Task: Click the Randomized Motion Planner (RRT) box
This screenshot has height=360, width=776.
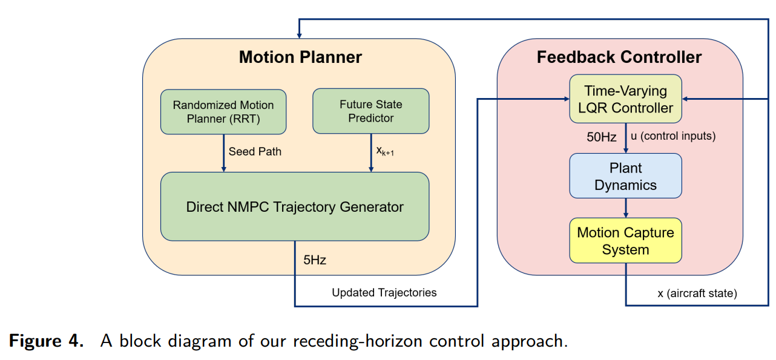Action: point(223,112)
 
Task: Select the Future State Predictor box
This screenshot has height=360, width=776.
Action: point(371,111)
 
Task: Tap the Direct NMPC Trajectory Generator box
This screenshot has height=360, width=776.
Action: point(295,207)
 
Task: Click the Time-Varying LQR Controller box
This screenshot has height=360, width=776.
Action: point(626,99)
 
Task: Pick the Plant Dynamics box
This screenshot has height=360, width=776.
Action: point(626,176)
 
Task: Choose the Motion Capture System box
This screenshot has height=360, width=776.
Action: point(626,241)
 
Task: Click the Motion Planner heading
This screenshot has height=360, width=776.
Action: point(300,57)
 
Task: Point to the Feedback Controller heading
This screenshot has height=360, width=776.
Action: point(619,57)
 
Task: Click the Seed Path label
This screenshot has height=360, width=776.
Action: point(255,152)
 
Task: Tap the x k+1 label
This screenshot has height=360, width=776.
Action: point(385,151)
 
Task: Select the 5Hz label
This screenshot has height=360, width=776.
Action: point(315,260)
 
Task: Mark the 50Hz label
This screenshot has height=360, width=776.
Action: point(602,137)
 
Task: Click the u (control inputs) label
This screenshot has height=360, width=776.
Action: point(673,136)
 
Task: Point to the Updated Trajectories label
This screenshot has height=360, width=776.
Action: point(384,293)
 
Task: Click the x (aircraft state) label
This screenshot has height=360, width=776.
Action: point(697,293)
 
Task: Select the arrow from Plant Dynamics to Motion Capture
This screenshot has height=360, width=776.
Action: point(626,208)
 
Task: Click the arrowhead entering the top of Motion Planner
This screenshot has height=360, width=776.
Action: point(299,36)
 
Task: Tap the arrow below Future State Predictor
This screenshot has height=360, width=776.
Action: point(371,153)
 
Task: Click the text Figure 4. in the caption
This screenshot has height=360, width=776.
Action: point(47,341)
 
